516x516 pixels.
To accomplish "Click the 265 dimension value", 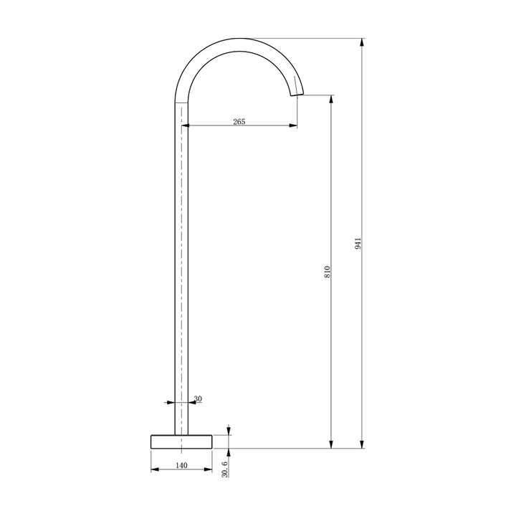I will (239, 121).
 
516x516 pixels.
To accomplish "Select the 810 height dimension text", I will (327, 272).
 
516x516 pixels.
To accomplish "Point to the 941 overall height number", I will (358, 243).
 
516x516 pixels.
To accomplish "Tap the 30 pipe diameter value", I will (198, 399).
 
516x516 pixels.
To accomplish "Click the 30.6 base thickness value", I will (224, 469).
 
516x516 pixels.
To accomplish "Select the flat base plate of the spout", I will (182, 441).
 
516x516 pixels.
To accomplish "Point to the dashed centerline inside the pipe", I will (182, 272).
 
